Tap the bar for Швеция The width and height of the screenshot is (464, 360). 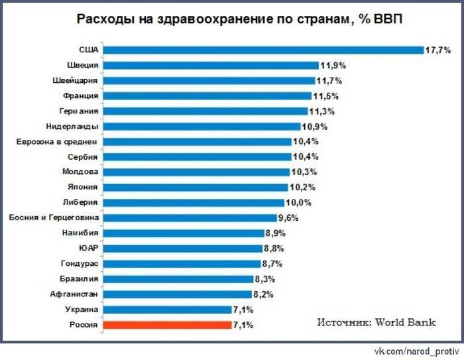pos(210,65)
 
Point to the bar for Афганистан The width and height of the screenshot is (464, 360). pos(177,294)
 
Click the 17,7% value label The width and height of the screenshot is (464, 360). pos(437,50)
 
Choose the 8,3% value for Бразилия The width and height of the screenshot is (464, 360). pos(264,279)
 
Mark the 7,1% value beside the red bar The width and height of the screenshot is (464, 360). pos(243,326)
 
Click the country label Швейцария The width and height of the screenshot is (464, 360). pos(76,80)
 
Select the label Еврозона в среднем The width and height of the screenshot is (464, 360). pos(57,141)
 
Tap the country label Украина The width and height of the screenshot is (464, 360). pos(82,310)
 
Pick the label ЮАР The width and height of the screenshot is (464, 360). pos(88,248)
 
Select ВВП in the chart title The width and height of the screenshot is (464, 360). pos(386,18)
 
